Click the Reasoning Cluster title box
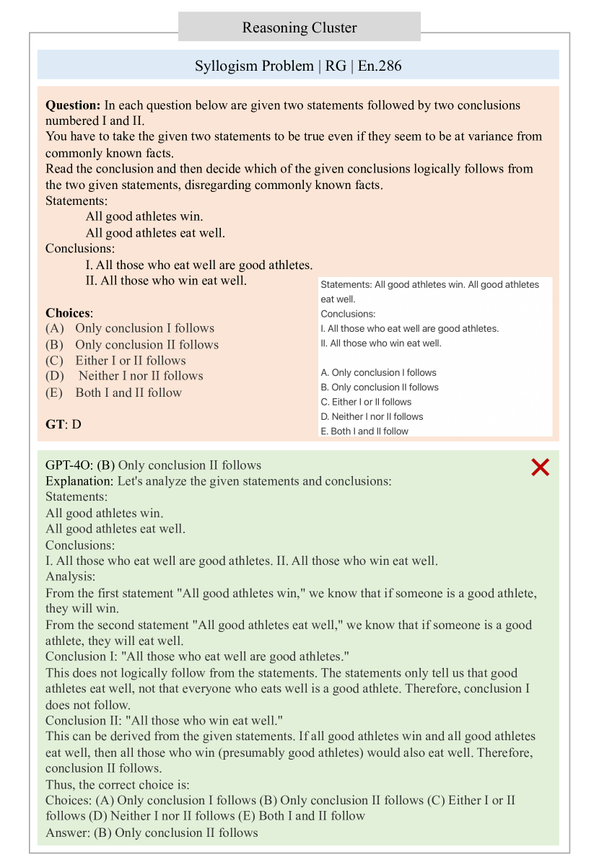(299, 27)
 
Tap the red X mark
(540, 467)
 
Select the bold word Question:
(74, 105)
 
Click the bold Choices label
(69, 313)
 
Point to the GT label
(55, 424)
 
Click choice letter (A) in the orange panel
(55, 328)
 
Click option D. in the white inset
(325, 416)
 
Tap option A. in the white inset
(325, 372)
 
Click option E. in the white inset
(325, 431)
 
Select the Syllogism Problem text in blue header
(253, 66)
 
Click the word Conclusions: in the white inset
(348, 314)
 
